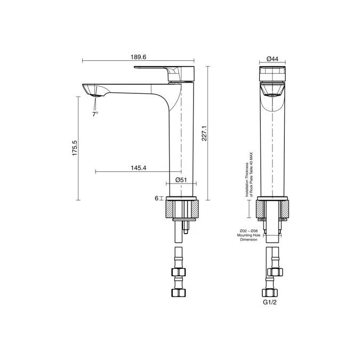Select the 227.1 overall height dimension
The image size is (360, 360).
point(204,134)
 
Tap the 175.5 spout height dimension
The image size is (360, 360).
point(75,148)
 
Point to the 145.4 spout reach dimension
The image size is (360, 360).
point(138,168)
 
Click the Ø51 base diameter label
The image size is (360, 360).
point(181,180)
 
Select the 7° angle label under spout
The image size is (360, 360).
point(95,114)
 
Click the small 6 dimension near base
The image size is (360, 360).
point(157,198)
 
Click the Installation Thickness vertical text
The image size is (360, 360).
point(249,175)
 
